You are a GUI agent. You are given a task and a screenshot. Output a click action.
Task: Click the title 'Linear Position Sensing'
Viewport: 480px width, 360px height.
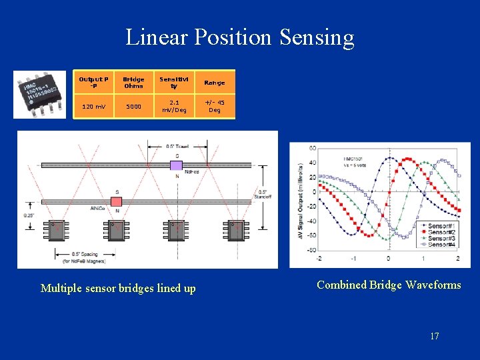240,37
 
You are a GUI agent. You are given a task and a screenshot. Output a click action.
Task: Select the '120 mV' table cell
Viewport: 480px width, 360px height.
93,105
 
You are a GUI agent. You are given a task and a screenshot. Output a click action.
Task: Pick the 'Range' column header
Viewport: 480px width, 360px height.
214,83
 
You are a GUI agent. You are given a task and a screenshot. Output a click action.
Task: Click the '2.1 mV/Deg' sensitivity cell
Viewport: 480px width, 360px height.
174,105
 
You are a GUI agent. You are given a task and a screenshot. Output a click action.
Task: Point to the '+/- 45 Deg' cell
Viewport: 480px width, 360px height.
214,105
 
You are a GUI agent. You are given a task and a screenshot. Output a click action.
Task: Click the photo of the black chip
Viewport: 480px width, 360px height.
39,94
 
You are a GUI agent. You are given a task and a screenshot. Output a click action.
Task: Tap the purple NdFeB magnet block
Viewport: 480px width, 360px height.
177,165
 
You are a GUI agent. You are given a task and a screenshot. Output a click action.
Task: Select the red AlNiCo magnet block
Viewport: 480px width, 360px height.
117,201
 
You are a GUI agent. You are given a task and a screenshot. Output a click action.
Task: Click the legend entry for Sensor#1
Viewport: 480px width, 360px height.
439,225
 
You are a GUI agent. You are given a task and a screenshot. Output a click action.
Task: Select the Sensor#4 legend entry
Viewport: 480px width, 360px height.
439,244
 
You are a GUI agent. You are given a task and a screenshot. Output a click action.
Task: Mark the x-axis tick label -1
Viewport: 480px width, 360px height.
353,259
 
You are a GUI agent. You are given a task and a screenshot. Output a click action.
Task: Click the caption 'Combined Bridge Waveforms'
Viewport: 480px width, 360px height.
389,285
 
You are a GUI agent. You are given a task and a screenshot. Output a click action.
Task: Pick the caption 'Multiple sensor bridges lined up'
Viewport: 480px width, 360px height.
118,288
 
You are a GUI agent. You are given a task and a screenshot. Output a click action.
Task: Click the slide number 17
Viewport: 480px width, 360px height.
434,336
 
